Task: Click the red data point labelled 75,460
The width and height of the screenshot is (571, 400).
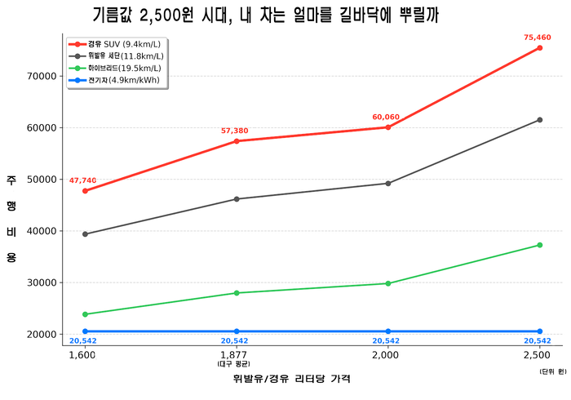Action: [x=539, y=48]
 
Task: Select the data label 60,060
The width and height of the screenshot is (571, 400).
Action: [x=386, y=118]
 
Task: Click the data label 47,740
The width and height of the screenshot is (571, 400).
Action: [x=82, y=180]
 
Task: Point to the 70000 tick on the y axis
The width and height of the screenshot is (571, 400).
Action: [x=40, y=76]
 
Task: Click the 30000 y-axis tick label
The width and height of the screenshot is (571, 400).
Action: [x=40, y=282]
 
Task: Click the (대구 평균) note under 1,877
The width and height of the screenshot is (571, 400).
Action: [x=235, y=364]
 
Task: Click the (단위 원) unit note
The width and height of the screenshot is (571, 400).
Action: [x=552, y=371]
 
